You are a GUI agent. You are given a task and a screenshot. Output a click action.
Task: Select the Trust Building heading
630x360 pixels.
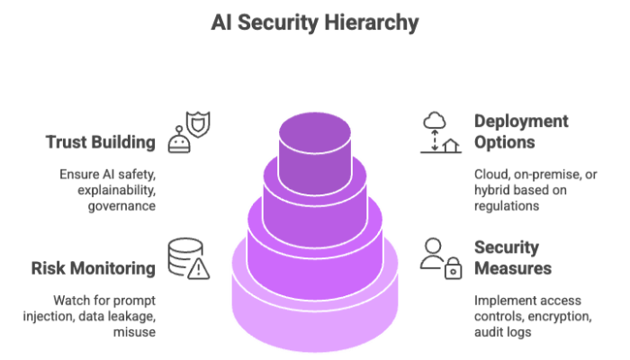tap(98, 141)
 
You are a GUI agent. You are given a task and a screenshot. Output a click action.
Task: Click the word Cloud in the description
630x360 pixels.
tap(490, 175)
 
